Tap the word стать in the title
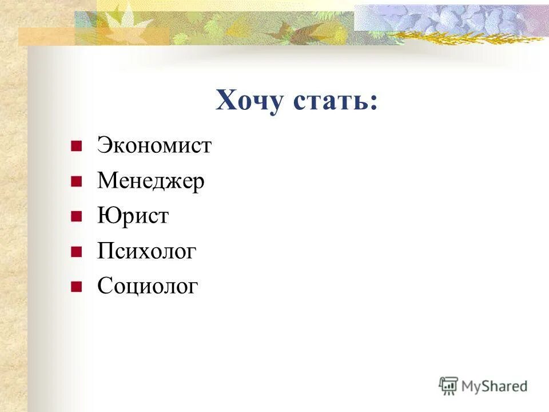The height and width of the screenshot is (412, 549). [x=332, y=101]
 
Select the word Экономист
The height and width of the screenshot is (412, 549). [x=154, y=145]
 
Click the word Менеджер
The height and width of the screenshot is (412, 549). [x=151, y=181]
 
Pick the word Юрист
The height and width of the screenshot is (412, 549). [x=133, y=216]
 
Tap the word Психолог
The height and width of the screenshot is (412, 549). [x=147, y=251]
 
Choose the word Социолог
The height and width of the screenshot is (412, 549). [x=148, y=286]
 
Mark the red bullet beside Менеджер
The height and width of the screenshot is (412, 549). [x=75, y=182]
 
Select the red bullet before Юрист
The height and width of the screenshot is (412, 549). [x=75, y=217]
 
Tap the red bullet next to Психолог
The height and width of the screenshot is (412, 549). [x=75, y=252]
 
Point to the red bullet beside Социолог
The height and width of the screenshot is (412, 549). [x=75, y=286]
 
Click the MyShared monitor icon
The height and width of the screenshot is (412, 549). [x=448, y=386]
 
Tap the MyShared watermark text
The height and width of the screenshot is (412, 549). [x=494, y=386]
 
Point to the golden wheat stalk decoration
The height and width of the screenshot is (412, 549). [x=469, y=37]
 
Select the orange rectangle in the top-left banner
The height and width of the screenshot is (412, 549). [x=46, y=37]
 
